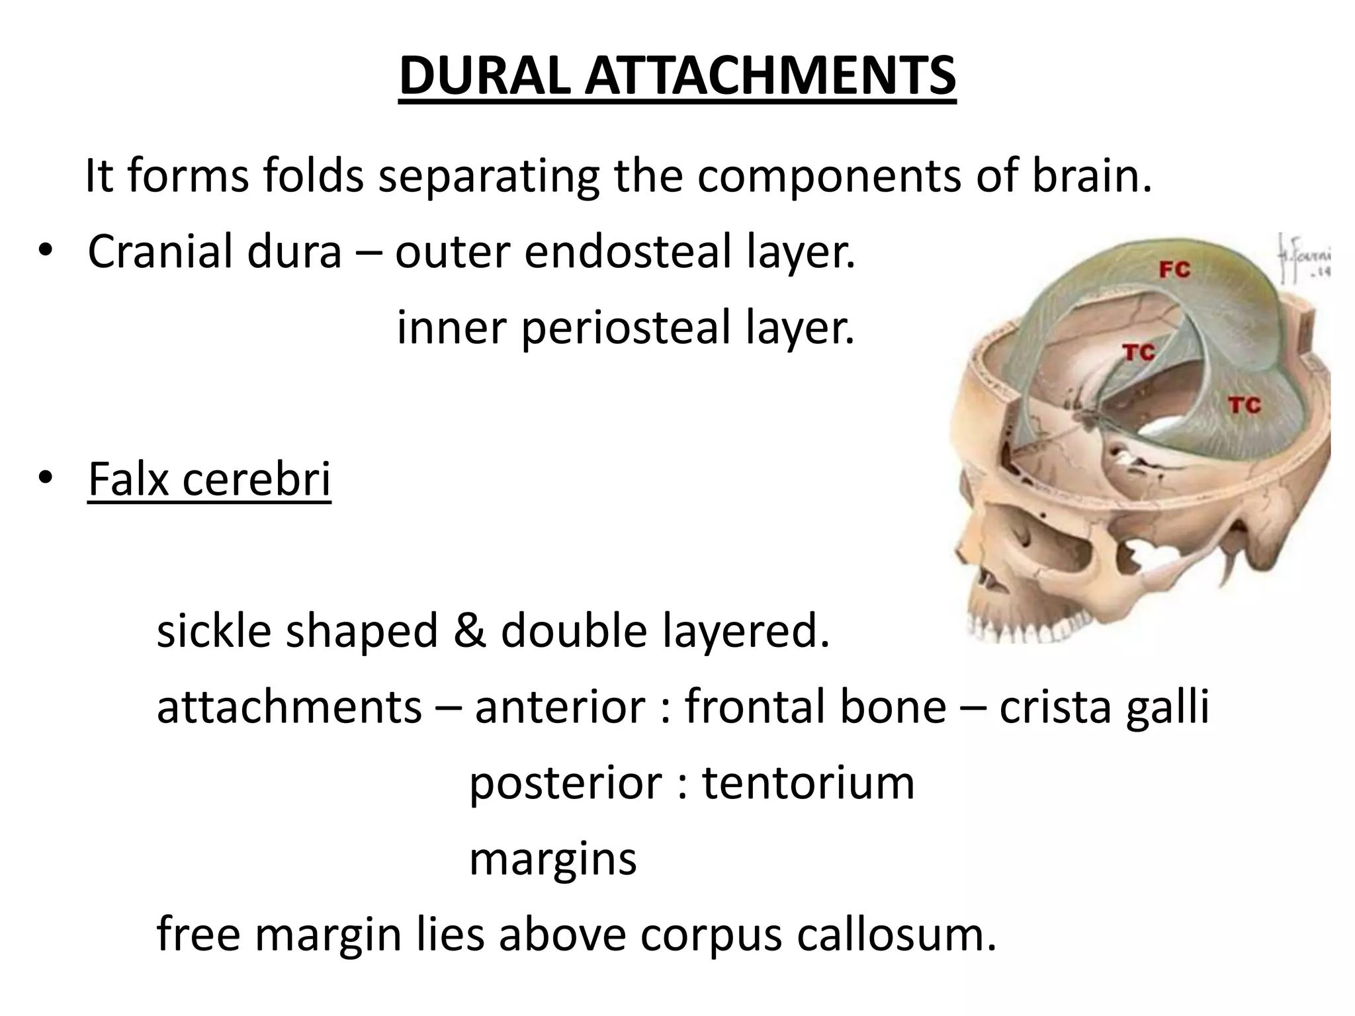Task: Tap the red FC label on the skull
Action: tap(1174, 270)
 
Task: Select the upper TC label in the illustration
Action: tap(1139, 353)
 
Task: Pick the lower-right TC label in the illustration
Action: tap(1244, 405)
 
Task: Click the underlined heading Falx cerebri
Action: tap(209, 479)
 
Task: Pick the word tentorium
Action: tap(808, 783)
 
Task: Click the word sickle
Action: tap(214, 630)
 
